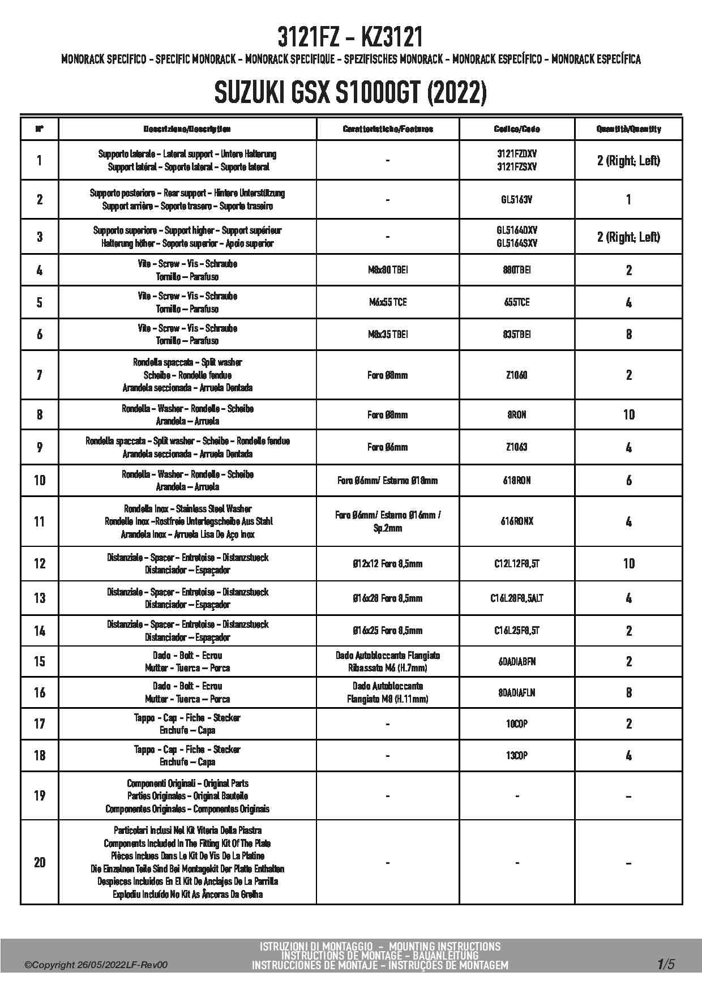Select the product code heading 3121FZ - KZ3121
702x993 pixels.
(350, 38)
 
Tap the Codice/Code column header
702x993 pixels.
(517, 129)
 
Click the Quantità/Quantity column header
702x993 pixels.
(628, 129)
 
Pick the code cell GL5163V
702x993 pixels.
(517, 199)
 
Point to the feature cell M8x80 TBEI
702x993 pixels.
(388, 270)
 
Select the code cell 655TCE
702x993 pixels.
(517, 302)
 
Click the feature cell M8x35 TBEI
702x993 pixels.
(388, 335)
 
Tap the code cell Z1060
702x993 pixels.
(517, 375)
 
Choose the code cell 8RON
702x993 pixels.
(517, 414)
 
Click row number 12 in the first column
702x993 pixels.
(40, 563)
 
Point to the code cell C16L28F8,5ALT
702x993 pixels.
(517, 598)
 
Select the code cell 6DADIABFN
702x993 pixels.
(517, 661)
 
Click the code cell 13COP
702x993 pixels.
(517, 755)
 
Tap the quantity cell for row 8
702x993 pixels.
(628, 414)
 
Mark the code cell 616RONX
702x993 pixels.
(517, 521)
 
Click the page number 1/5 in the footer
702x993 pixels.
(666, 964)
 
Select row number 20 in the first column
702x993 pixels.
(40, 862)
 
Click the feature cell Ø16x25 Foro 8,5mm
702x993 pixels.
(388, 631)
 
